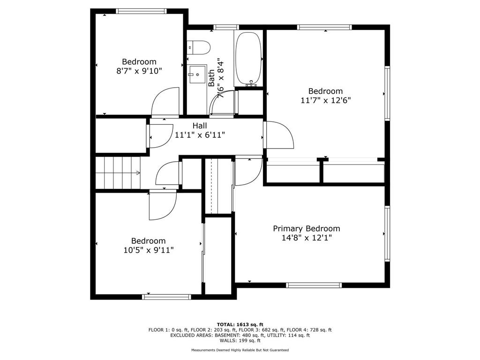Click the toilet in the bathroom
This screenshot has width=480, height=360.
click(x=199, y=48)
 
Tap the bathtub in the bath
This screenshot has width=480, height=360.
click(x=248, y=59)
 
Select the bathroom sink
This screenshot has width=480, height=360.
click(x=197, y=74)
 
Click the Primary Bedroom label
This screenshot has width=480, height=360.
click(x=307, y=228)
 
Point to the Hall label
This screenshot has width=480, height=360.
click(x=200, y=126)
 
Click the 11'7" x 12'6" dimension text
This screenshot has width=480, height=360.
click(x=325, y=100)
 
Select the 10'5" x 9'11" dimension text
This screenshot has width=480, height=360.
click(x=149, y=250)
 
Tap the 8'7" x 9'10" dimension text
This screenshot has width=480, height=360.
click(x=139, y=71)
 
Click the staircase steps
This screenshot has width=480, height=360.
click(x=118, y=173)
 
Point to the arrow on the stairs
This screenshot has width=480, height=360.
click(x=138, y=173)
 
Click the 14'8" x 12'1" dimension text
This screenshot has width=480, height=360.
click(x=307, y=238)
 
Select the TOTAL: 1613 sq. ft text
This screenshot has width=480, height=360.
click(x=240, y=324)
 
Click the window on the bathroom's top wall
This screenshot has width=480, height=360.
click(x=226, y=27)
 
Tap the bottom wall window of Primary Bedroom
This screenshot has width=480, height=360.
click(x=314, y=285)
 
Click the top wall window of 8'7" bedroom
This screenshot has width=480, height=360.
click(x=142, y=11)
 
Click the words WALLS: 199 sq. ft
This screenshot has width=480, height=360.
click(x=240, y=340)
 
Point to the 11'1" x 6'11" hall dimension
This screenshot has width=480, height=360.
click(x=200, y=135)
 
